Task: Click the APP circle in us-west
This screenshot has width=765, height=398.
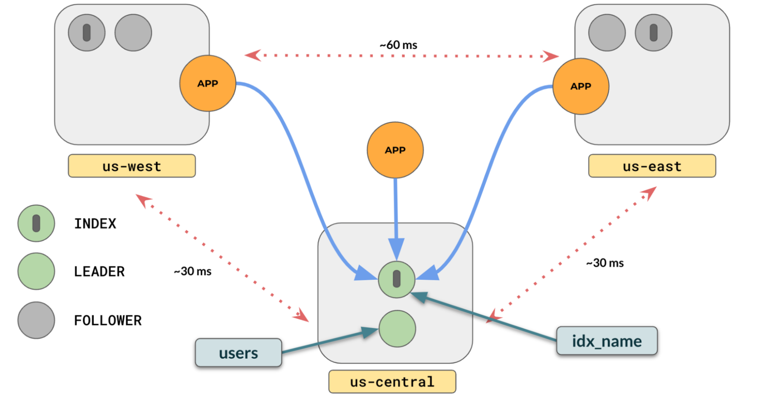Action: click(208, 83)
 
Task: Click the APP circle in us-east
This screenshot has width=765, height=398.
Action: click(581, 87)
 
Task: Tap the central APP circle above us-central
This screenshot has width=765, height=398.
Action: click(395, 150)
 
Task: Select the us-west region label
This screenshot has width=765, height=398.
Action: click(132, 166)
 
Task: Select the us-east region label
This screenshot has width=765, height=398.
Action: click(652, 166)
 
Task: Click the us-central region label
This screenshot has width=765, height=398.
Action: click(392, 382)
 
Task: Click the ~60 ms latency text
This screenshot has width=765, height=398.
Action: click(398, 45)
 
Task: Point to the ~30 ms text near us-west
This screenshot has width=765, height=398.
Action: click(193, 271)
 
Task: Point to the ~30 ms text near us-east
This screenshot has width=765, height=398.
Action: click(605, 263)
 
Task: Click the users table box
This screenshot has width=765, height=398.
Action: click(238, 353)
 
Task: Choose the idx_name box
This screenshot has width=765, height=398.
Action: click(607, 341)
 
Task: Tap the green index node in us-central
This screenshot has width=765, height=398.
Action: click(396, 279)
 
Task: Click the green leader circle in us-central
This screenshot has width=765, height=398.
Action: click(397, 329)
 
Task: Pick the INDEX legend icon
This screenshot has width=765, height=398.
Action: click(36, 223)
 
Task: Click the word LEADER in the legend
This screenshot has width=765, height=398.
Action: click(99, 272)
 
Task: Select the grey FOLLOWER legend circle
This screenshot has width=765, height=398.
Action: click(36, 320)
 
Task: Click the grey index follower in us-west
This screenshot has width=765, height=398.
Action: click(87, 33)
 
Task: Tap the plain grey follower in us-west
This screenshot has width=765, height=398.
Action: click(133, 33)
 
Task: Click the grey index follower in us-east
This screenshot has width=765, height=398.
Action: click(653, 33)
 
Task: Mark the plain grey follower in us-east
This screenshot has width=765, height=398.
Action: click(607, 33)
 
